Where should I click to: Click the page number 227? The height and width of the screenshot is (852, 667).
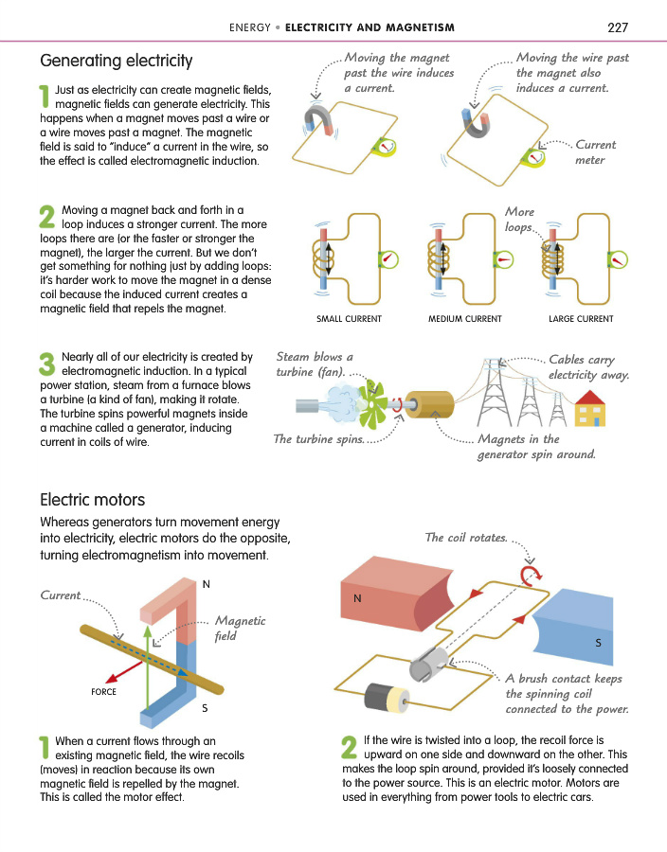pyautogui.click(x=618, y=27)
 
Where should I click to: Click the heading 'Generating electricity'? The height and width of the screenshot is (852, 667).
pyautogui.click(x=117, y=61)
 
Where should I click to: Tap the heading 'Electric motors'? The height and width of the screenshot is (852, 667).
pyautogui.click(x=93, y=499)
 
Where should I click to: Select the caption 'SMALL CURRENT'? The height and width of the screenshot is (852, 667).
pyautogui.click(x=349, y=319)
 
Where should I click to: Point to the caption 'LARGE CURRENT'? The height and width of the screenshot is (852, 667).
pyautogui.click(x=581, y=319)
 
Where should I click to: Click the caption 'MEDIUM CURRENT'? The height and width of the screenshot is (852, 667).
pyautogui.click(x=465, y=319)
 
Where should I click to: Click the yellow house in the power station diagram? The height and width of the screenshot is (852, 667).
pyautogui.click(x=590, y=409)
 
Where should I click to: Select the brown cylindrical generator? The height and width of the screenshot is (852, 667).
pyautogui.click(x=428, y=405)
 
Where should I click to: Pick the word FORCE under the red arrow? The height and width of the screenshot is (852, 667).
pyautogui.click(x=104, y=692)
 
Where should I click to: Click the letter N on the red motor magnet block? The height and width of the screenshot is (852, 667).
pyautogui.click(x=357, y=598)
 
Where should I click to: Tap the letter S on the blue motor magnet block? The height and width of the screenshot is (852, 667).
pyautogui.click(x=599, y=643)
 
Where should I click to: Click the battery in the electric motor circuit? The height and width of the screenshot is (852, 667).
pyautogui.click(x=387, y=697)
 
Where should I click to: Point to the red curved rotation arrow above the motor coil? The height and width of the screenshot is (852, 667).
pyautogui.click(x=531, y=576)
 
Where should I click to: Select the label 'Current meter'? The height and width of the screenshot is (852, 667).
pyautogui.click(x=595, y=152)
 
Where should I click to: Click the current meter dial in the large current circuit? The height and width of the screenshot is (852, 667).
pyautogui.click(x=618, y=259)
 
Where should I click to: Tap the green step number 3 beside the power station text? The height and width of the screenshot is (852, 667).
pyautogui.click(x=47, y=364)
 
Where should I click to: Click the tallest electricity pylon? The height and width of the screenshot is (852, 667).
pyautogui.click(x=495, y=392)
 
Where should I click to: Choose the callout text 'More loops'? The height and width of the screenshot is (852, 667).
pyautogui.click(x=520, y=219)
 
